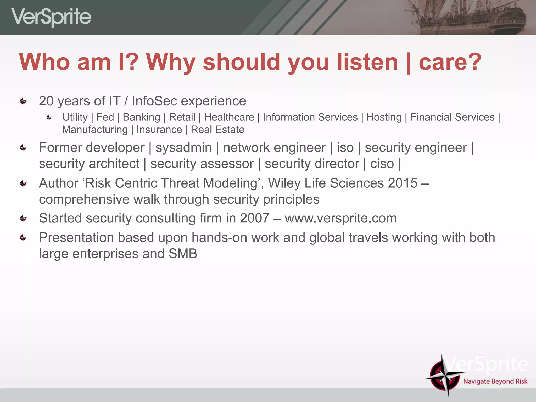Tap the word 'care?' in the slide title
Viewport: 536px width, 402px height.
pyautogui.click(x=450, y=62)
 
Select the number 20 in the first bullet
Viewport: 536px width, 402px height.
pyautogui.click(x=46, y=101)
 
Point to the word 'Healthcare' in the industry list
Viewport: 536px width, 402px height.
pyautogui.click(x=229, y=117)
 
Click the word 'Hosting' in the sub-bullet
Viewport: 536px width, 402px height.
pyautogui.click(x=384, y=117)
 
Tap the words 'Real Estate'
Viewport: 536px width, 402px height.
pyautogui.click(x=217, y=130)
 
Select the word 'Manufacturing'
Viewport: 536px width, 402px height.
pyautogui.click(x=95, y=130)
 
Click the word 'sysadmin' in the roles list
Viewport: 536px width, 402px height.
pyautogui.click(x=183, y=148)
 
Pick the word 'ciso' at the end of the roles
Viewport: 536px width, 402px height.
pyautogui.click(x=382, y=164)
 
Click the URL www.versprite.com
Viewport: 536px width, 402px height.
pyautogui.click(x=340, y=218)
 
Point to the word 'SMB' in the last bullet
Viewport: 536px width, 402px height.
pyautogui.click(x=183, y=254)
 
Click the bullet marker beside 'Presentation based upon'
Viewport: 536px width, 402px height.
pyautogui.click(x=23, y=238)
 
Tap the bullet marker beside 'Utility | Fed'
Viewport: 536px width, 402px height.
pyautogui.click(x=49, y=118)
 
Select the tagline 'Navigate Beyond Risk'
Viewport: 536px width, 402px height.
pyautogui.click(x=495, y=381)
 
